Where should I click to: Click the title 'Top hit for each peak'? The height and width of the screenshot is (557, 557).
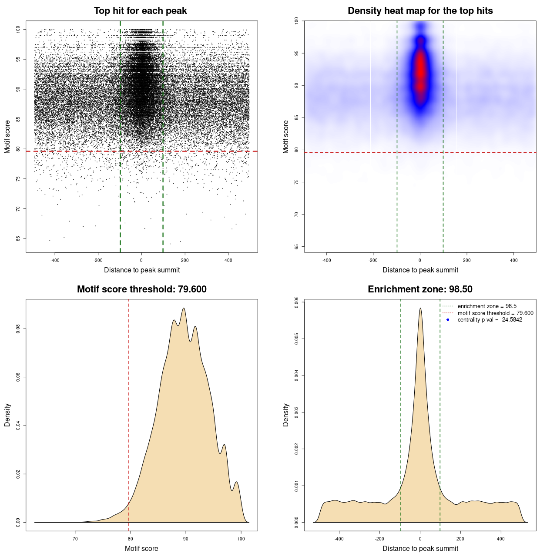click(x=140, y=11)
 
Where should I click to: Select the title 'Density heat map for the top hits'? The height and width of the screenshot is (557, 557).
click(x=420, y=11)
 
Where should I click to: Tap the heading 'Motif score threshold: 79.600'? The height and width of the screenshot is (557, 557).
click(x=141, y=289)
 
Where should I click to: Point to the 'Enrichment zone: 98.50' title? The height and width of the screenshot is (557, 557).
click(x=420, y=289)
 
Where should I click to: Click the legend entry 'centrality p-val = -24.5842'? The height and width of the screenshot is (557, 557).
click(x=490, y=320)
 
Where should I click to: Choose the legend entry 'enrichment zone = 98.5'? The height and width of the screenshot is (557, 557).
click(x=487, y=306)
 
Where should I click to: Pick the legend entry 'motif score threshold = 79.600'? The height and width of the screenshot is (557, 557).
click(x=495, y=313)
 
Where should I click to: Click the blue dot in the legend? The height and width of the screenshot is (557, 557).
click(x=448, y=320)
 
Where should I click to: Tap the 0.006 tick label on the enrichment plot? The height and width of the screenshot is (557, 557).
click(x=297, y=302)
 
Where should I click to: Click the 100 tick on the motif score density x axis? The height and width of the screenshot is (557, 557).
click(x=241, y=539)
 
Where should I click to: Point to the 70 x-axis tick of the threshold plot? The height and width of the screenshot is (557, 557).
click(x=75, y=539)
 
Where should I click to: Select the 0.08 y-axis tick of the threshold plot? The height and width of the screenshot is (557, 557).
click(x=18, y=329)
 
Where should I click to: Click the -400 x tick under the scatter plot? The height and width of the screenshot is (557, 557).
click(x=55, y=260)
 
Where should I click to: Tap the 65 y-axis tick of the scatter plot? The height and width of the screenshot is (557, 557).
click(x=18, y=238)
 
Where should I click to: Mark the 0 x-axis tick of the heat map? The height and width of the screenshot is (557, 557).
click(x=420, y=260)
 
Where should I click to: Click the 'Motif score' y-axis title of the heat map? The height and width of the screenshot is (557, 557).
click(x=286, y=137)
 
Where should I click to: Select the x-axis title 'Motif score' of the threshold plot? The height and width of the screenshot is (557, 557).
click(x=141, y=548)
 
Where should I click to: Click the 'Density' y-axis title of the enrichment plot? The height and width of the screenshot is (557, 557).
click(x=286, y=415)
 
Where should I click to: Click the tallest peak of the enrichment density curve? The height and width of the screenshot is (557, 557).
click(x=420, y=308)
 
